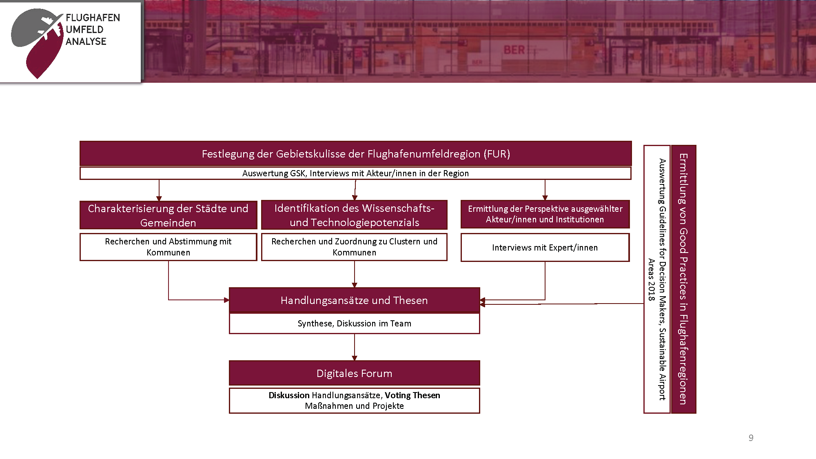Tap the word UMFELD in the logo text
[84, 29]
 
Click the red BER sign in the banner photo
[514, 50]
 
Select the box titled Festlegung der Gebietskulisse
[355, 154]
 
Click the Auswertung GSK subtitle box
[355, 173]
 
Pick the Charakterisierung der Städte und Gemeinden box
[168, 215]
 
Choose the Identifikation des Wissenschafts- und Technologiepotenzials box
[354, 215]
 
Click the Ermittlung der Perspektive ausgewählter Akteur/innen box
[545, 214]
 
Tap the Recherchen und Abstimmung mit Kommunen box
[168, 247]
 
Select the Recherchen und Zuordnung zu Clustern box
[354, 247]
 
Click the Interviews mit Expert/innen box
[545, 248]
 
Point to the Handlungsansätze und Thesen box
[354, 300]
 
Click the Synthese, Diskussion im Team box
[354, 324]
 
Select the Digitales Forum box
[354, 373]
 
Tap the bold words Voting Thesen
[412, 395]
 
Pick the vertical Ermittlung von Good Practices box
[683, 279]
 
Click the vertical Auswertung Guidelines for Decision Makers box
[657, 279]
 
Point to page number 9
[751, 438]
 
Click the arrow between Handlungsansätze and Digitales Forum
[355, 347]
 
